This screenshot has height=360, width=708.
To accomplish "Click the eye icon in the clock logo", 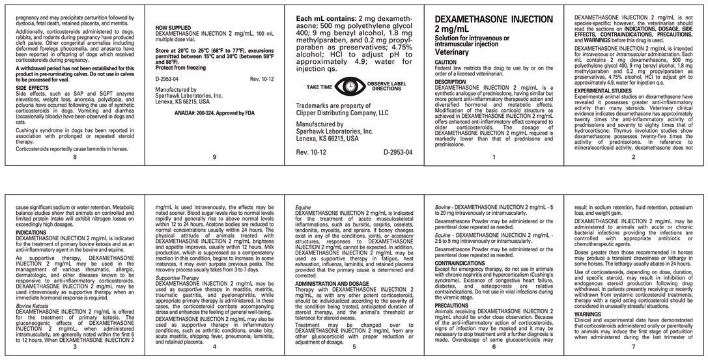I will [352, 86].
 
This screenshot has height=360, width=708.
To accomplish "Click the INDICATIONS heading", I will [31, 232].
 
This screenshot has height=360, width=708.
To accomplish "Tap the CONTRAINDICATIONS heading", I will [463, 262].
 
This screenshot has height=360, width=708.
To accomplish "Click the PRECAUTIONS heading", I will [451, 305].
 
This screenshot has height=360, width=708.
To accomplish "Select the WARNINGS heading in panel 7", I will [588, 314].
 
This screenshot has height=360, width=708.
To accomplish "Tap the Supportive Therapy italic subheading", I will [177, 278].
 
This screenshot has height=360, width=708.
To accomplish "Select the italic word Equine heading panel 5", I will [304, 207].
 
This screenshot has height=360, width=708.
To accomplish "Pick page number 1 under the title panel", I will [494, 157].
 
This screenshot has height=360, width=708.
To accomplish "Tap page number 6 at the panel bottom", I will [494, 347].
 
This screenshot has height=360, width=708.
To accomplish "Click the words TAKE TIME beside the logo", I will [319, 87].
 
